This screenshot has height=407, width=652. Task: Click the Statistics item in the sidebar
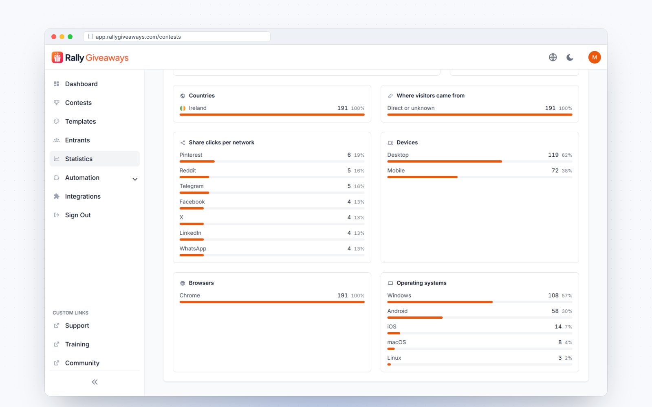(95, 159)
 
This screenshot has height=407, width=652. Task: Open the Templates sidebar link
(80, 121)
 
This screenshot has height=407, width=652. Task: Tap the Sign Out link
(78, 215)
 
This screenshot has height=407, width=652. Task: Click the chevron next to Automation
(135, 179)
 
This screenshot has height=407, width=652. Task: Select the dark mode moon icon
(570, 57)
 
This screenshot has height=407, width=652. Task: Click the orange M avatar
(595, 57)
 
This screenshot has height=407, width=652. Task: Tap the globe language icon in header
(553, 57)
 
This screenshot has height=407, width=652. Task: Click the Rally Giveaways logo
(90, 57)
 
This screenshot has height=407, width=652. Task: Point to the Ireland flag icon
(183, 108)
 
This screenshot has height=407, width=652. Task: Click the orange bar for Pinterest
(197, 161)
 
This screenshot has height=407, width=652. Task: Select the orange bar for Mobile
(422, 177)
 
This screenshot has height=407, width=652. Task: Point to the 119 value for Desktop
(553, 155)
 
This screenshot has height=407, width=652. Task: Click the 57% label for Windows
(567, 295)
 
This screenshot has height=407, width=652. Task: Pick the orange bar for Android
(415, 317)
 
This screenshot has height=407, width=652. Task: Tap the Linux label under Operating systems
(394, 358)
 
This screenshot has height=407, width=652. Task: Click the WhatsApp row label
(193, 249)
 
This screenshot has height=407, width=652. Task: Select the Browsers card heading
(201, 283)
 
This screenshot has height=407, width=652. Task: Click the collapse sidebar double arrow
(95, 382)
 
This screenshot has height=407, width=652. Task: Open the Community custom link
(82, 363)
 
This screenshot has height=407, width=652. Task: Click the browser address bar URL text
(138, 37)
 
